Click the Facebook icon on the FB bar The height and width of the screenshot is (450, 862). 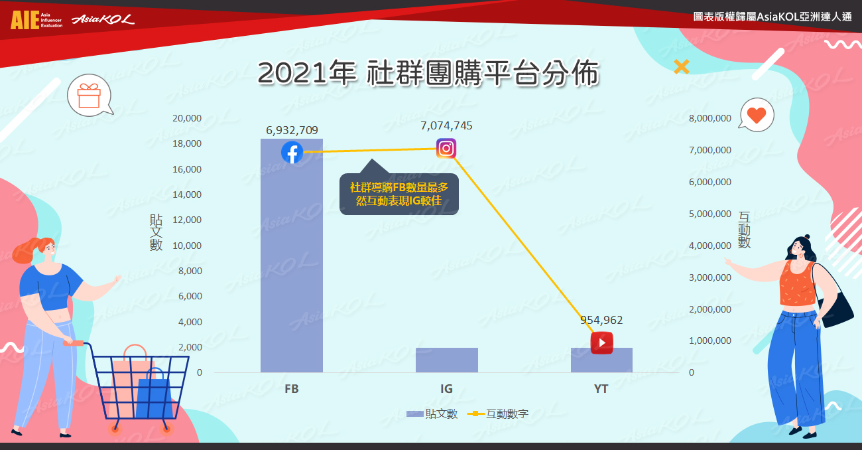[x=292, y=153]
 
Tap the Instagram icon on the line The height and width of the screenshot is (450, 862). [x=446, y=148]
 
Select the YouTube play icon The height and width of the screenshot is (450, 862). [x=602, y=342]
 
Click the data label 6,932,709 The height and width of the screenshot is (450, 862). [x=292, y=130]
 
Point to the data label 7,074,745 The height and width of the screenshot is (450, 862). [x=446, y=125]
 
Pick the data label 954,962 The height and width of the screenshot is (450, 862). [x=601, y=320]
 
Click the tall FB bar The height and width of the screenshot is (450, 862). [x=292, y=256]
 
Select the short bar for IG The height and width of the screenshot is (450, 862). [x=447, y=360]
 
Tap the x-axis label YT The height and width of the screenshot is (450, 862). [x=601, y=389]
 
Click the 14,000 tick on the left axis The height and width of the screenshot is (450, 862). [x=187, y=194]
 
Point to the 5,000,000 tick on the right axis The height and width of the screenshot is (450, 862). [x=710, y=214]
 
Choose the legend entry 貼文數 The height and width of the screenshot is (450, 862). [x=432, y=413]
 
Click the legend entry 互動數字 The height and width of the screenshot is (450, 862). [x=497, y=413]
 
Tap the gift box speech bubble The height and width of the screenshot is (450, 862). [x=90, y=96]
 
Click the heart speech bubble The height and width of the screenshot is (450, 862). [x=756, y=115]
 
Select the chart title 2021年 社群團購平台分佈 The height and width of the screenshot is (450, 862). [x=428, y=72]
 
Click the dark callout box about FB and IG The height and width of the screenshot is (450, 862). [x=399, y=194]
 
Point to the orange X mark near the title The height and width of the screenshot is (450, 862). [x=682, y=66]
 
